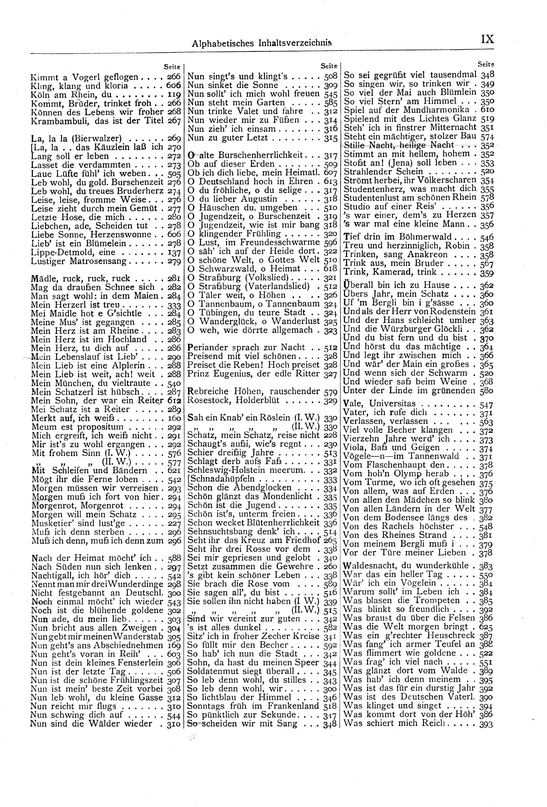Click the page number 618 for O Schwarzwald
[330, 269]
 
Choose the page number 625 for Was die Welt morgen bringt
[486, 627]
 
